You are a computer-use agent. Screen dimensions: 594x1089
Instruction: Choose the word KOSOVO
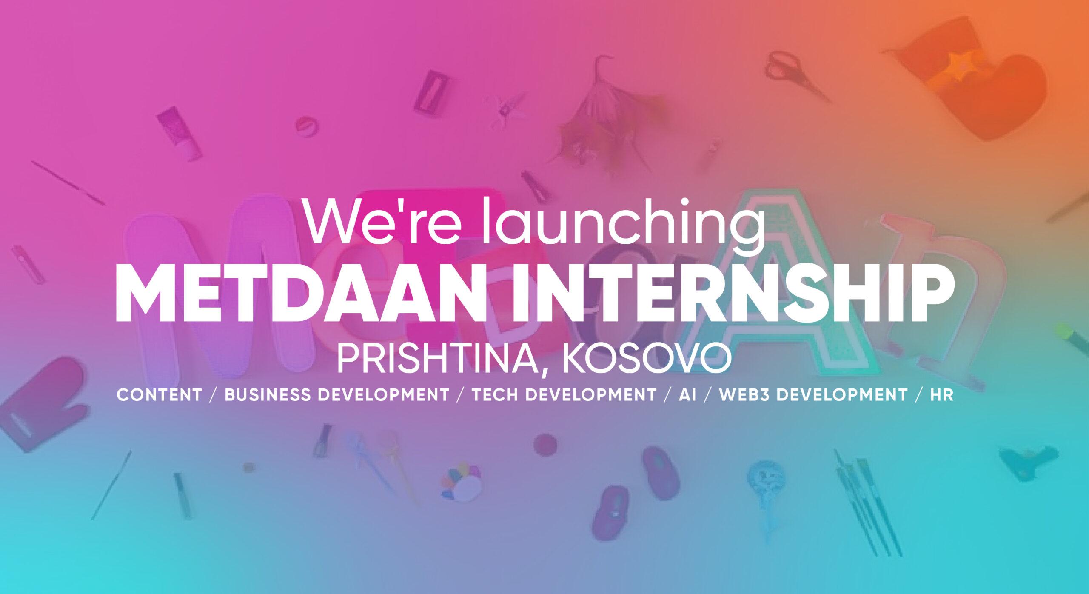pyautogui.click(x=647, y=360)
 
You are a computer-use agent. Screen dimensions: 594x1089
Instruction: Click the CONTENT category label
pyautogui.click(x=159, y=395)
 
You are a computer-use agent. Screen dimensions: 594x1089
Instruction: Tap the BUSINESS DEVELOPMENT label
pyautogui.click(x=337, y=395)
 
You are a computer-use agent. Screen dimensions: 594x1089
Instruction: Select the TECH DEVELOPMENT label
pyautogui.click(x=564, y=395)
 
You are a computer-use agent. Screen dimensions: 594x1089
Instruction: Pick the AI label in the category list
pyautogui.click(x=687, y=395)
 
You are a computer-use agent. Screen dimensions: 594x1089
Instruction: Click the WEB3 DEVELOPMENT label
pyautogui.click(x=813, y=395)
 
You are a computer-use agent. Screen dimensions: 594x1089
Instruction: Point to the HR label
pyautogui.click(x=942, y=395)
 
